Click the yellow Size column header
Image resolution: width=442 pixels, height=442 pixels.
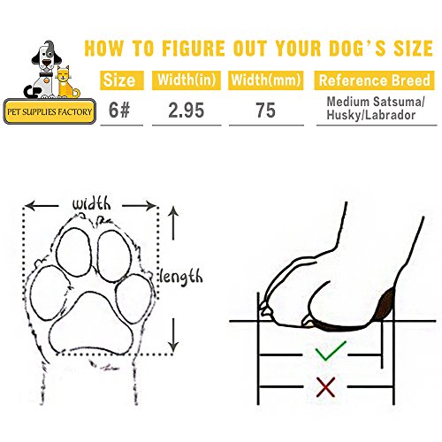pyautogui.click(x=118, y=81)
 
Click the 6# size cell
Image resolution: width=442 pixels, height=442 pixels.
pyautogui.click(x=118, y=112)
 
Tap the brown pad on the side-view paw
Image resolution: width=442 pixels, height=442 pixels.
pyautogui.click(x=382, y=306)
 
